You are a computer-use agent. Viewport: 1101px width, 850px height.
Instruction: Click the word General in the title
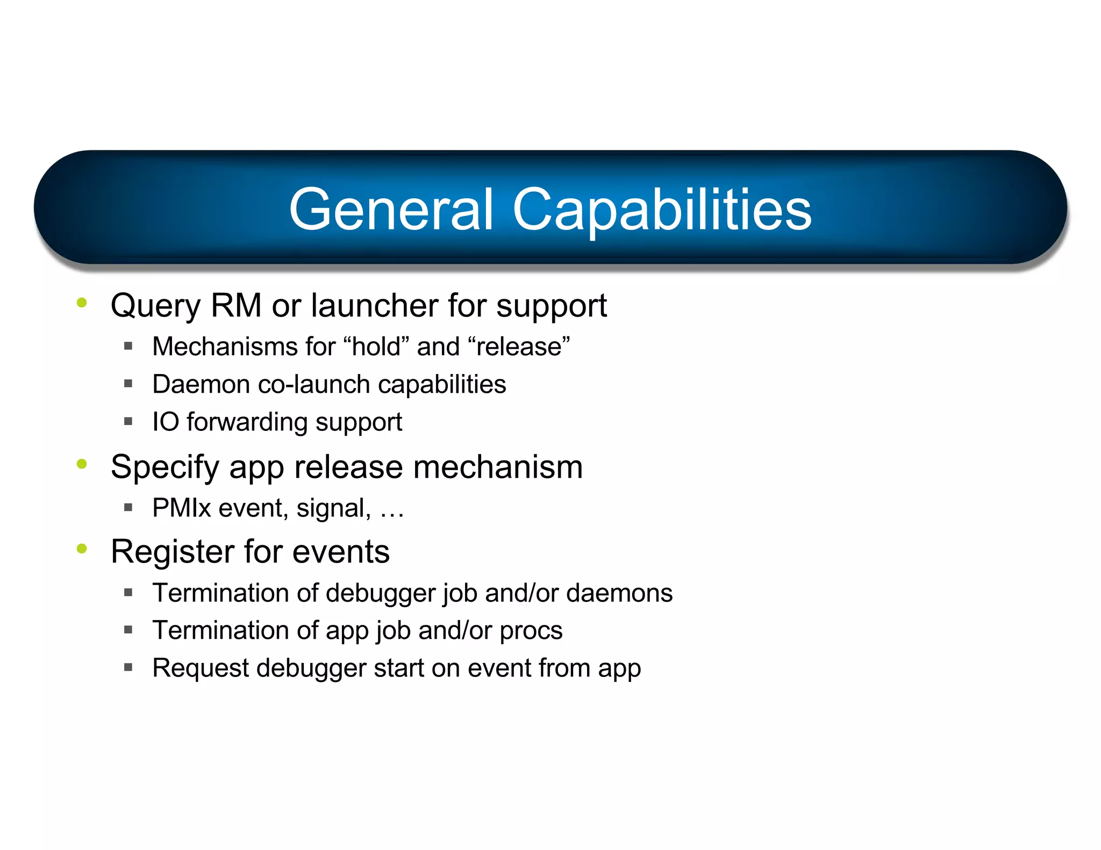[391, 210]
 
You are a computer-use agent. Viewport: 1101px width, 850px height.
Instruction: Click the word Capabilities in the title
[662, 211]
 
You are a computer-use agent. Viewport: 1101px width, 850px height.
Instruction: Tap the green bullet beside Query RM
[82, 302]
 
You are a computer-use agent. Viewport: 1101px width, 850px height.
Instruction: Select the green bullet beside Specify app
[82, 464]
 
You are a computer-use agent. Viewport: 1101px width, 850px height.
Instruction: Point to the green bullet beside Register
[82, 549]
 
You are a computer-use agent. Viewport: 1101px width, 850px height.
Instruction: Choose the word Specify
[165, 467]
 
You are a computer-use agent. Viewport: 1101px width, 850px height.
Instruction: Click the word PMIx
[182, 508]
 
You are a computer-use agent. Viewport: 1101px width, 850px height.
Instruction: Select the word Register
[172, 552]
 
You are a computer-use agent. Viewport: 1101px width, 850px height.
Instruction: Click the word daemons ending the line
[619, 593]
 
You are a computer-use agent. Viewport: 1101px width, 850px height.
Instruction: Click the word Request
[200, 669]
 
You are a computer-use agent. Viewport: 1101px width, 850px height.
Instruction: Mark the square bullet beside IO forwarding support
[128, 421]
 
